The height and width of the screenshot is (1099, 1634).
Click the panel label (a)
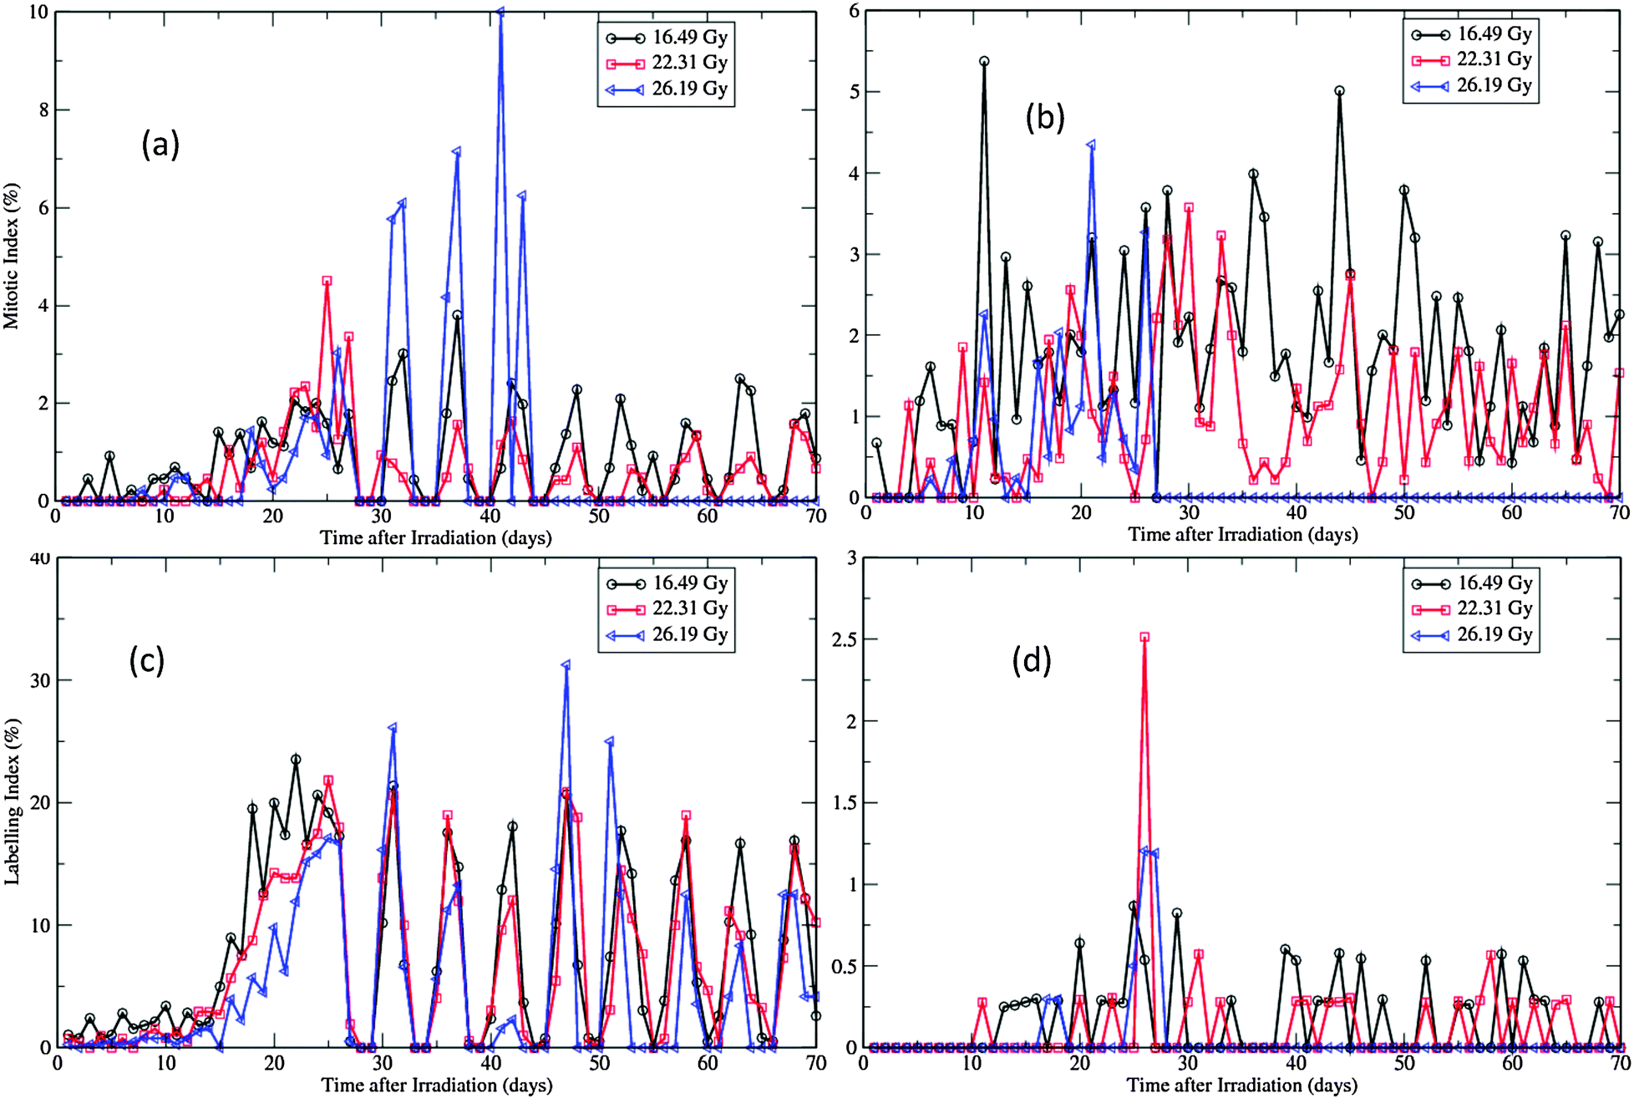(x=160, y=145)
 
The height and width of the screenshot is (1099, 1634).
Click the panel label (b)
(x=1045, y=119)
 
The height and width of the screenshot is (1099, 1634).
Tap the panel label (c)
(x=147, y=659)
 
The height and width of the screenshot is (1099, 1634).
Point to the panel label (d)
(x=1031, y=661)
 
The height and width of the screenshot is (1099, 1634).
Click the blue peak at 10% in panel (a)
(x=500, y=13)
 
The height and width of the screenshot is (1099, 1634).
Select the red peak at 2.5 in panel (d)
(x=1144, y=637)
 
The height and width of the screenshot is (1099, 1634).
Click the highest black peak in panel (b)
(x=984, y=61)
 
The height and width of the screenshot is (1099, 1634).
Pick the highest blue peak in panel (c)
(x=566, y=665)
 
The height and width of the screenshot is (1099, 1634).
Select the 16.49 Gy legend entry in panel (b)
(x=1471, y=34)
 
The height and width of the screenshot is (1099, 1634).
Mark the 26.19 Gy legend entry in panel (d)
(x=1471, y=634)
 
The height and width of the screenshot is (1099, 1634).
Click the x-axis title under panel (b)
(x=1242, y=534)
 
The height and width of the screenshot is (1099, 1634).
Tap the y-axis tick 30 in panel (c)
(x=37, y=680)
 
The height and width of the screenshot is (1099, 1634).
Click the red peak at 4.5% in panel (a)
(x=327, y=281)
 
